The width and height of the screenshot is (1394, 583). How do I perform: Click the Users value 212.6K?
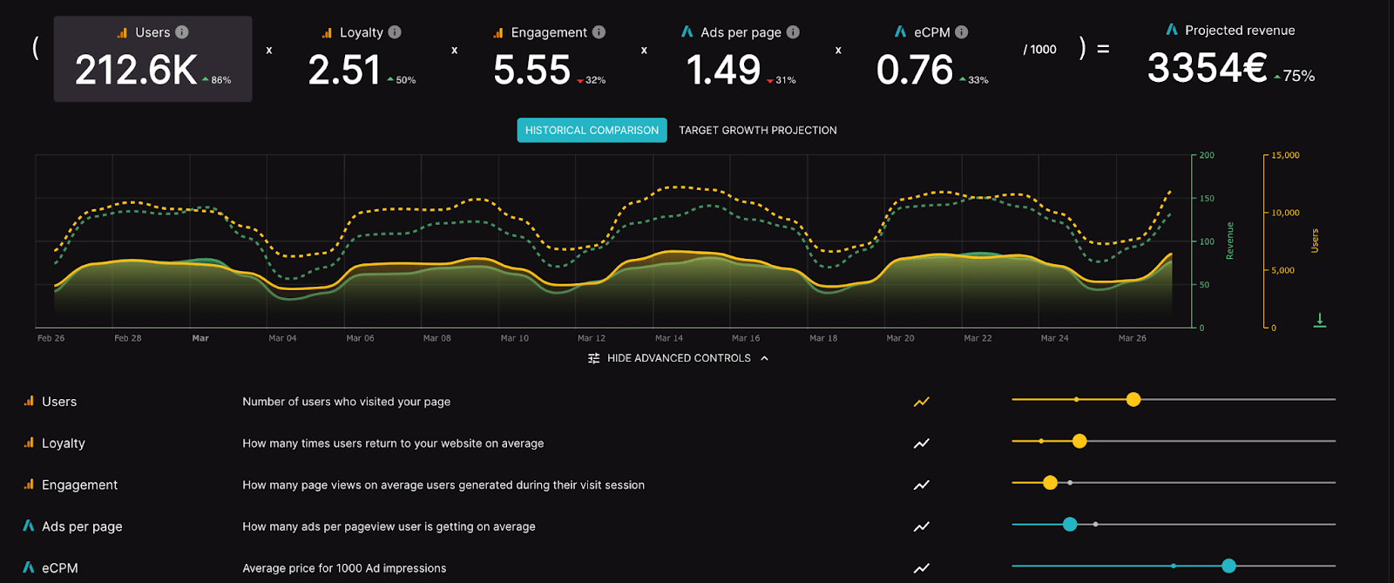136,71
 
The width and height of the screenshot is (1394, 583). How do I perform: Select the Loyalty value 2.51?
344,71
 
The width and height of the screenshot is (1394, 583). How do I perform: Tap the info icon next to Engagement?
599,32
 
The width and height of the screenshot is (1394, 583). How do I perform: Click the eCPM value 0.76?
915,71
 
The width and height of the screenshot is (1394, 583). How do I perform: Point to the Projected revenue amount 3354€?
1207,68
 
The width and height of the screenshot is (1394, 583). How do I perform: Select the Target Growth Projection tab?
757,131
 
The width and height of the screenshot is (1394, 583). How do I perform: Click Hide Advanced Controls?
679,358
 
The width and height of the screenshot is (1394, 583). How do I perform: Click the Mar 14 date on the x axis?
669,338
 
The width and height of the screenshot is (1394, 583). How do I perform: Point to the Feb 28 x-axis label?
128,338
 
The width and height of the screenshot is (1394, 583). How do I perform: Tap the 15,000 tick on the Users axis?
1285,155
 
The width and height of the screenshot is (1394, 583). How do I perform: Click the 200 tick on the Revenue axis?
1207,155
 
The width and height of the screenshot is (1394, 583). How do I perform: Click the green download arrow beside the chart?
1320,320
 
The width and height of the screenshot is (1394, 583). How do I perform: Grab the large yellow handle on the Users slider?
1133,399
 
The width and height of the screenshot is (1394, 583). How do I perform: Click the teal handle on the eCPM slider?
1228,566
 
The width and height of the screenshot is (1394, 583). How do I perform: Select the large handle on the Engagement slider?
1050,482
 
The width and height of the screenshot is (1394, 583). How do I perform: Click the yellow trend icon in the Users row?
921,402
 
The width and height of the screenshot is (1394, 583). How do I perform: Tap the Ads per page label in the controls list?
82,526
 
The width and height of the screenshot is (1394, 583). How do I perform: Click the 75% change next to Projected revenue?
1297,77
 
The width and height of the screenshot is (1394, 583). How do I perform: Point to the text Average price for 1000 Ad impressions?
344,568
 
